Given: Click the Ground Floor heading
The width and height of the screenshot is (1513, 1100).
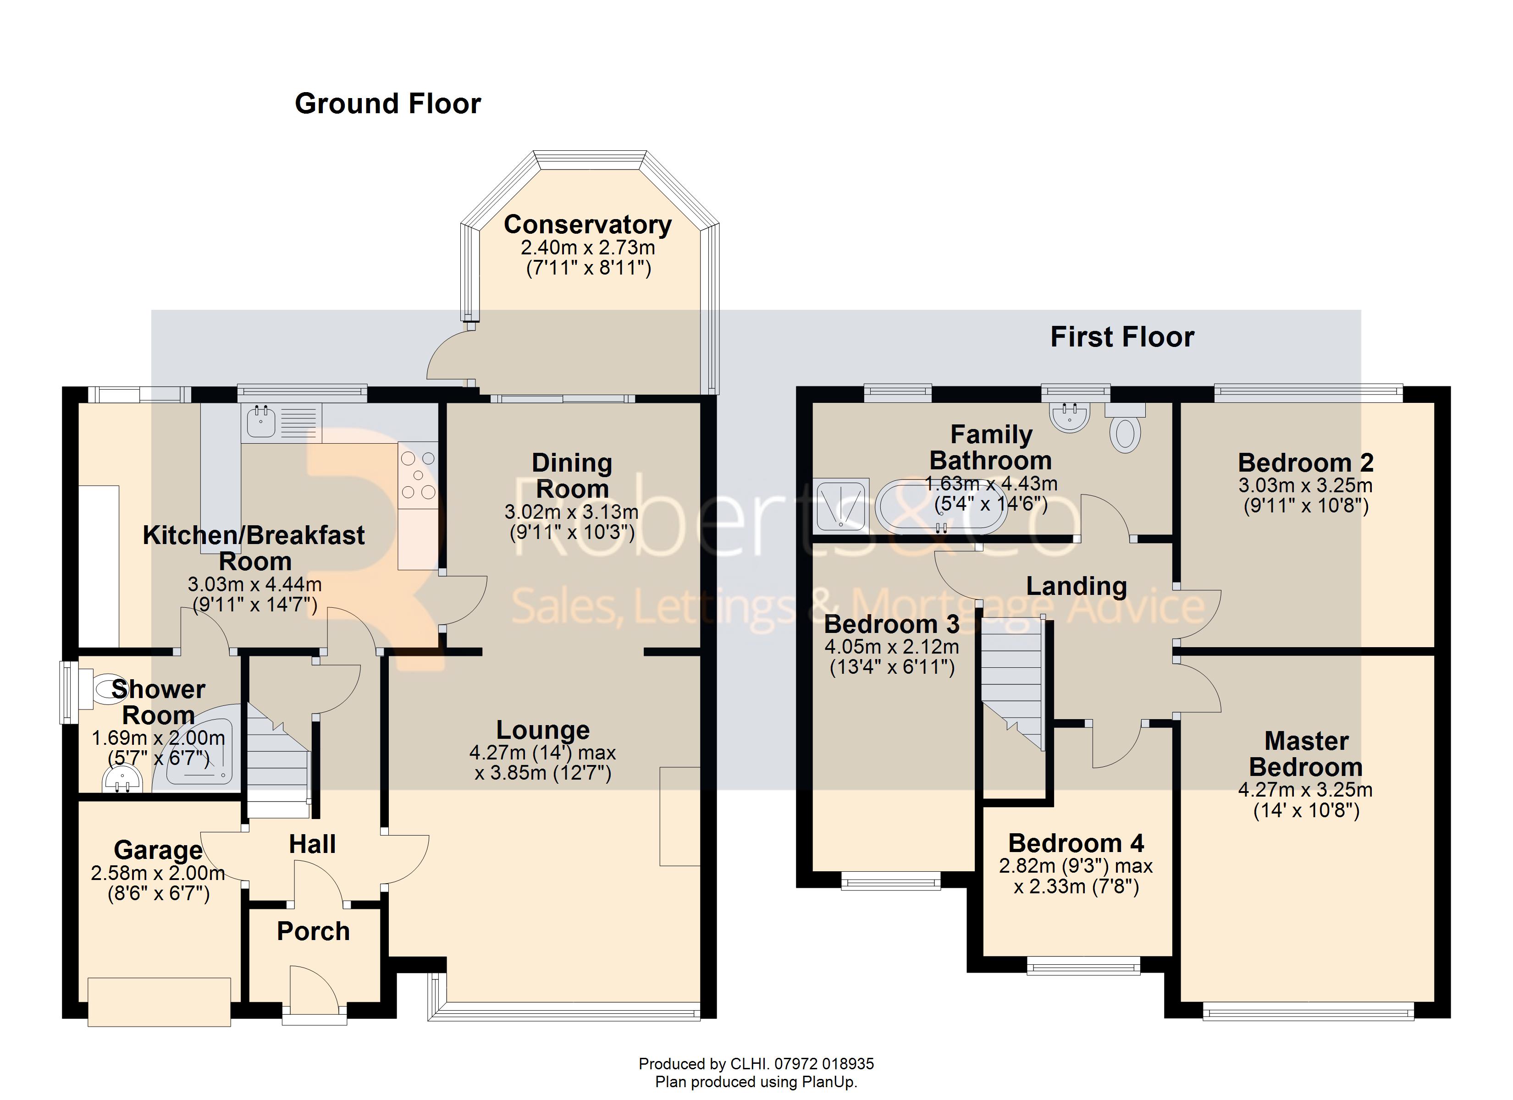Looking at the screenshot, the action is tap(387, 104).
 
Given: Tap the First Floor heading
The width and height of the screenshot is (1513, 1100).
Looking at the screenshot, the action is tap(1122, 337).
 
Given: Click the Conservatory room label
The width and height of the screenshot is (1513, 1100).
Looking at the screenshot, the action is tap(587, 225).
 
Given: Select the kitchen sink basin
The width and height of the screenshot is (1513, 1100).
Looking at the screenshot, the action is tap(261, 422).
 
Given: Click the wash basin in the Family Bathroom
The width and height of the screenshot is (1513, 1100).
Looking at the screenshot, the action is tap(1070, 417).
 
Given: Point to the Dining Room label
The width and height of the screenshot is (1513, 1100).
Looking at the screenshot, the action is tap(572, 476).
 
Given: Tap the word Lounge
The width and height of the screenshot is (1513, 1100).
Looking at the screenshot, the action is tap(543, 730).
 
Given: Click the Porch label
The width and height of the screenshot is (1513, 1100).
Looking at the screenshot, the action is tap(314, 931).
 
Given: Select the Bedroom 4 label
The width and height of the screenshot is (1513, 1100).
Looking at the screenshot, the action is tap(1076, 843).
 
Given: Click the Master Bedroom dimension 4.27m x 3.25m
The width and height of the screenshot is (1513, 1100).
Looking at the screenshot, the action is tap(1305, 790).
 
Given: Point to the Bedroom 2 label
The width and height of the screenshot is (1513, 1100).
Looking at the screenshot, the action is tap(1305, 462).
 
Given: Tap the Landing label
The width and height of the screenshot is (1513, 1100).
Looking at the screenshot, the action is tap(1077, 586).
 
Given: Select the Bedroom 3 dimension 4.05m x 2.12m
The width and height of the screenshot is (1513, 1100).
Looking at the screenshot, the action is tap(892, 646).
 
